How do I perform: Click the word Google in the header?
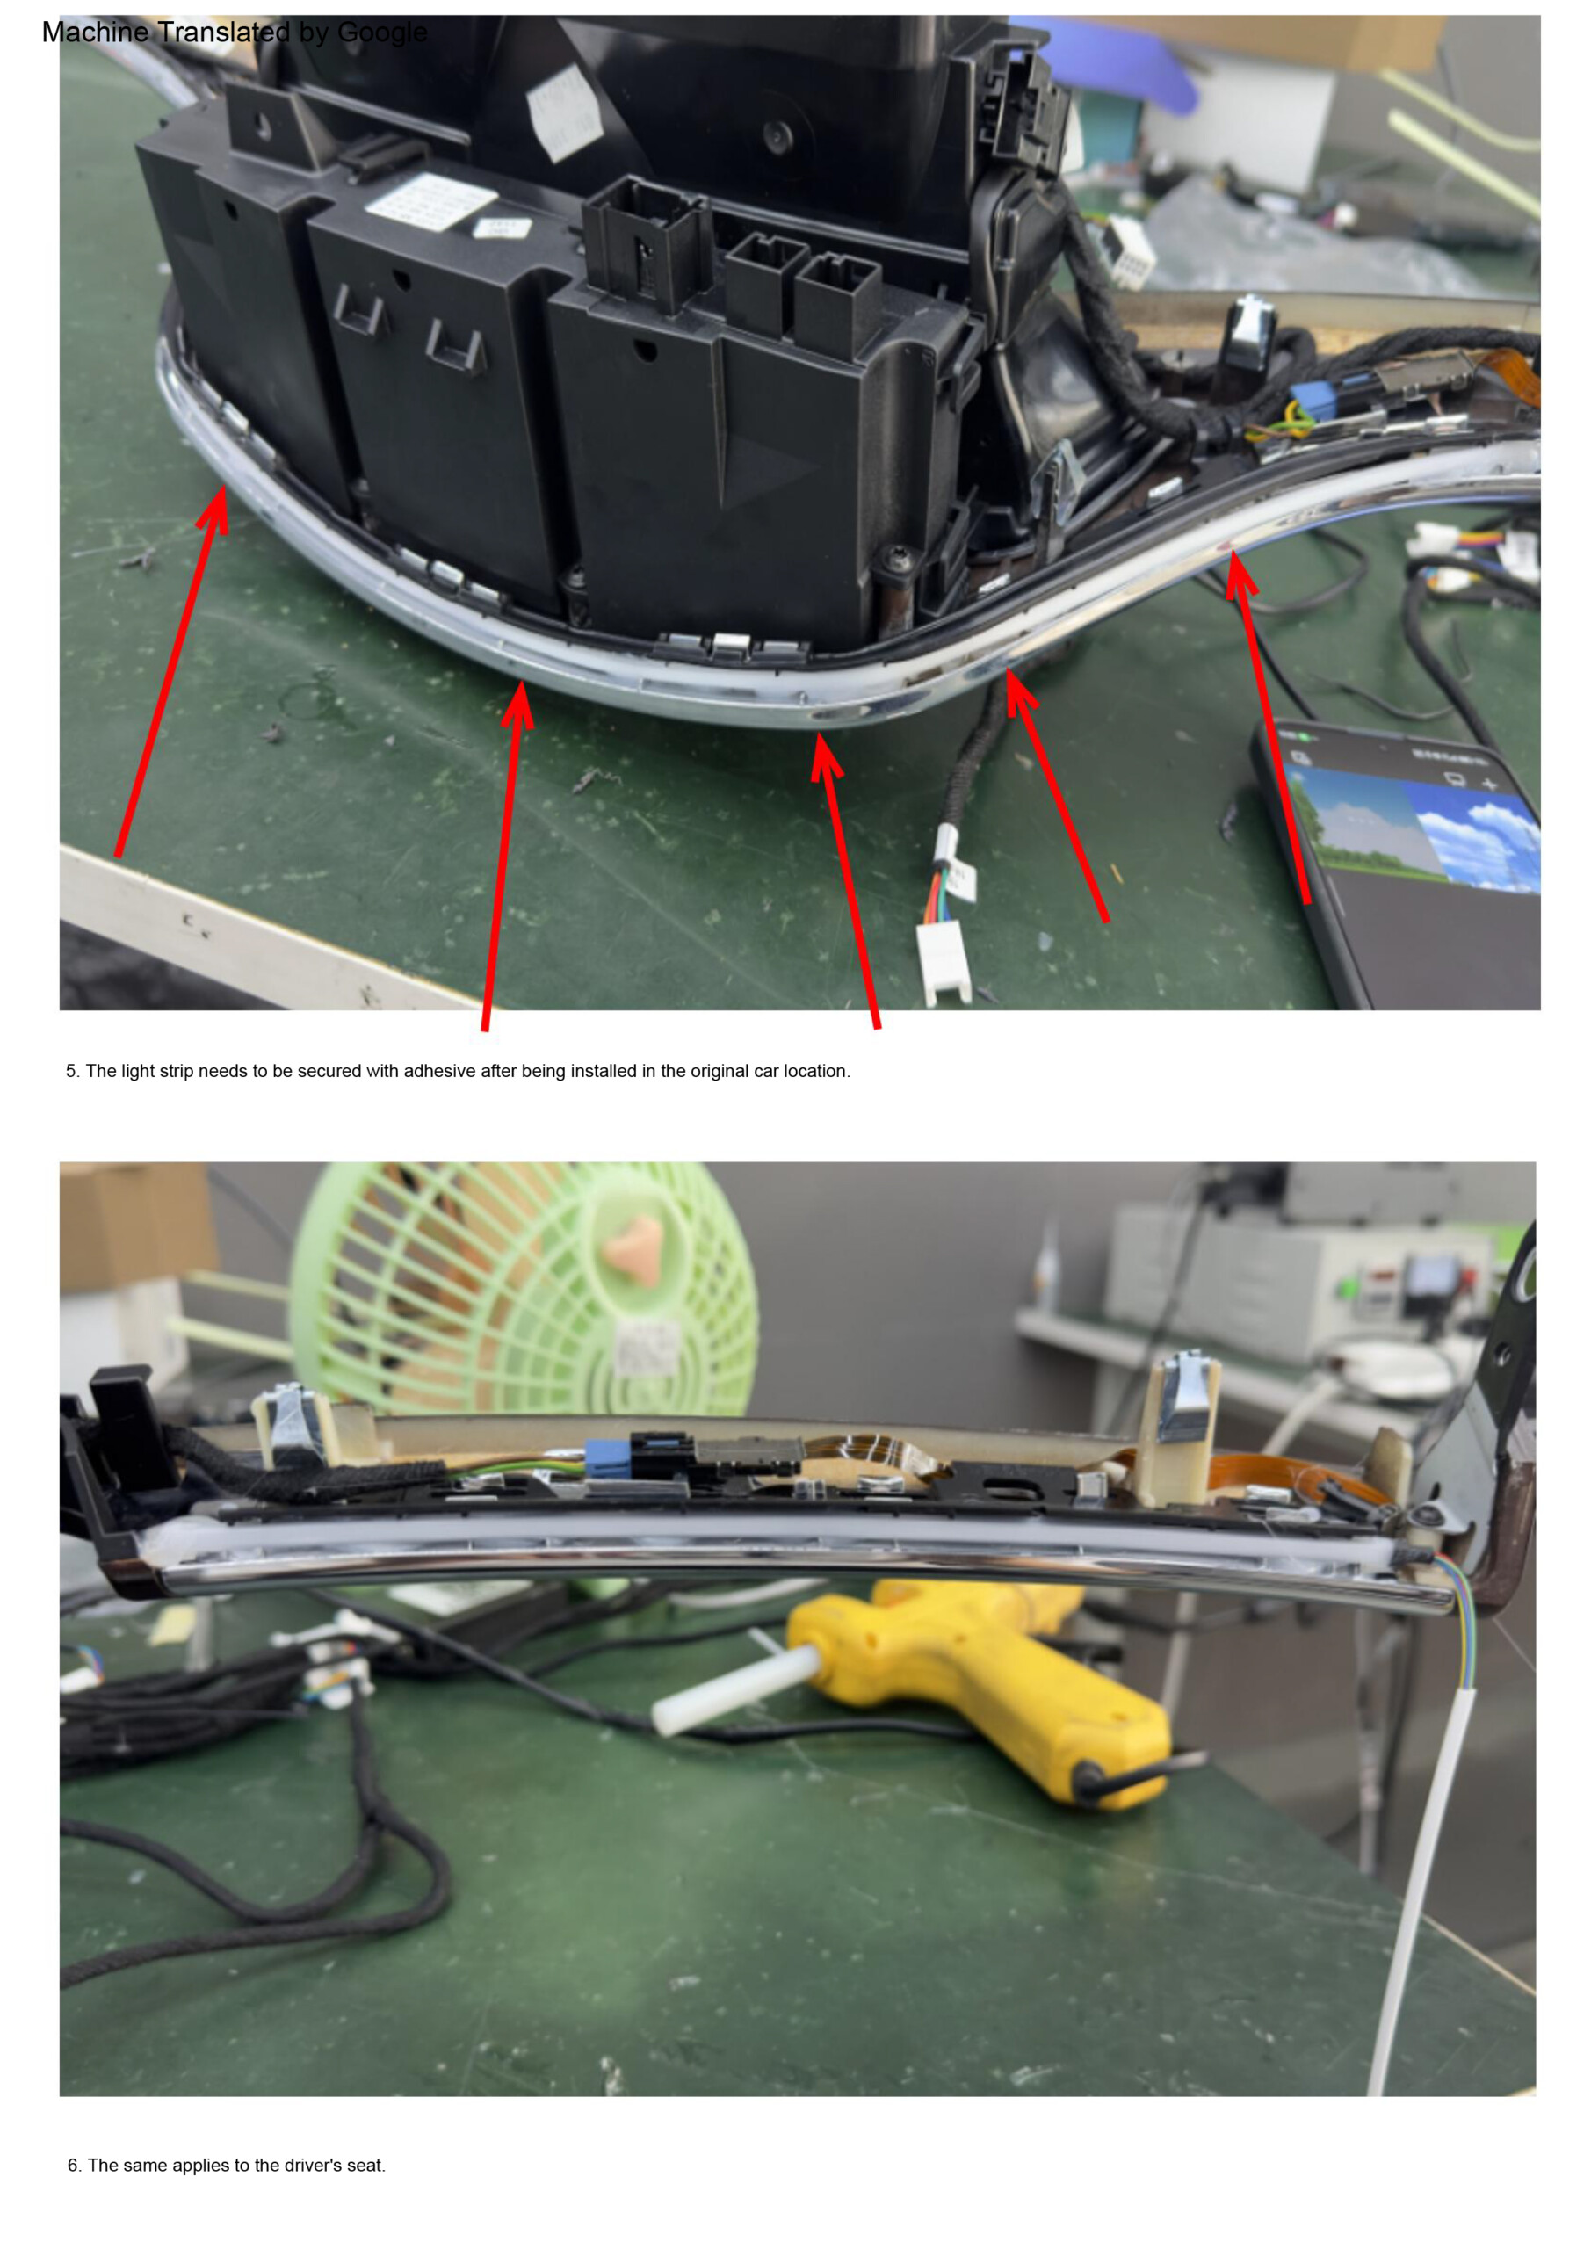(381, 33)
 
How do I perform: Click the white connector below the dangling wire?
(943, 964)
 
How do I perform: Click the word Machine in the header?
(95, 33)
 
